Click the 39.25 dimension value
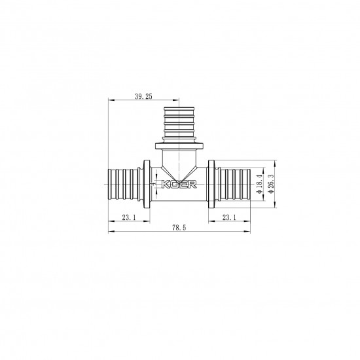point(143,96)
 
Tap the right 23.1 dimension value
point(230,217)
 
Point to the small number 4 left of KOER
point(153,185)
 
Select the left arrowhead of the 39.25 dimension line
point(109,100)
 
